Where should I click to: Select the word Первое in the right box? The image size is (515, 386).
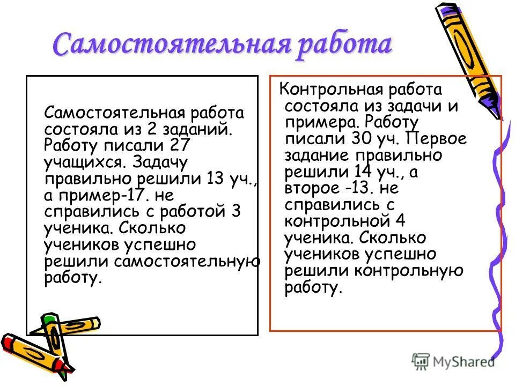[x=437, y=139]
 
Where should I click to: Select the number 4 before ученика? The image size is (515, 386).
[x=400, y=221]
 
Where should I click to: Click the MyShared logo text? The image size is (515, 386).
[x=464, y=362]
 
